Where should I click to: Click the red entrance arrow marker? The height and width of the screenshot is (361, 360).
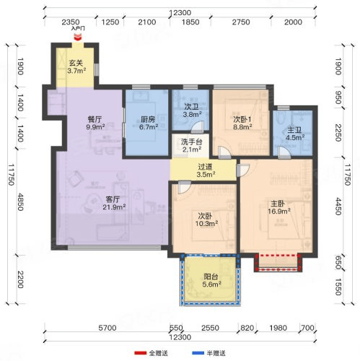(x=78, y=37)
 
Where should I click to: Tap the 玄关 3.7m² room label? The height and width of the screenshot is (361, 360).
(x=76, y=66)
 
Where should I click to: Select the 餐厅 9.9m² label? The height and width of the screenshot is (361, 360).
(x=95, y=123)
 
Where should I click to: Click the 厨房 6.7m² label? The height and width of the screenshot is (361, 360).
(x=149, y=123)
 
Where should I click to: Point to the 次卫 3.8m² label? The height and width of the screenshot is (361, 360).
(x=192, y=110)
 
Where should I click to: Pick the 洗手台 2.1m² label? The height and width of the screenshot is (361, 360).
(x=192, y=146)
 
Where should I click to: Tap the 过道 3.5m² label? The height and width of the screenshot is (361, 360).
(x=206, y=170)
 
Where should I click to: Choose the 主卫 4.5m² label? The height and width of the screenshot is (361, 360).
(x=295, y=134)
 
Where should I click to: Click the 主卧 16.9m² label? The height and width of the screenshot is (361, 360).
(x=279, y=207)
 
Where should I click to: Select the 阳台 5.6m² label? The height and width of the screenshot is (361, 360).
(x=211, y=280)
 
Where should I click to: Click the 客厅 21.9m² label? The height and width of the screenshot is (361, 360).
(x=114, y=203)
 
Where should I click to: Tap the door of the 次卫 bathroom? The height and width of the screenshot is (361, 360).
(x=197, y=128)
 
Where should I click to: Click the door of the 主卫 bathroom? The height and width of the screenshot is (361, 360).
(x=284, y=152)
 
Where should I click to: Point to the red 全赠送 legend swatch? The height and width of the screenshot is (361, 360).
(x=140, y=353)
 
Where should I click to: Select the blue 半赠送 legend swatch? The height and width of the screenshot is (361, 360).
(x=198, y=353)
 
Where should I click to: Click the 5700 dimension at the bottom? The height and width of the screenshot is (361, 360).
(x=107, y=328)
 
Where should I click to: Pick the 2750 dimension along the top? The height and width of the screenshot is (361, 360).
(x=241, y=22)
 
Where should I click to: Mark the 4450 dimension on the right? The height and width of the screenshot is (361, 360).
(x=338, y=206)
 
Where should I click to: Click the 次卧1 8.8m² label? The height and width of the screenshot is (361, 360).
(x=242, y=123)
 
